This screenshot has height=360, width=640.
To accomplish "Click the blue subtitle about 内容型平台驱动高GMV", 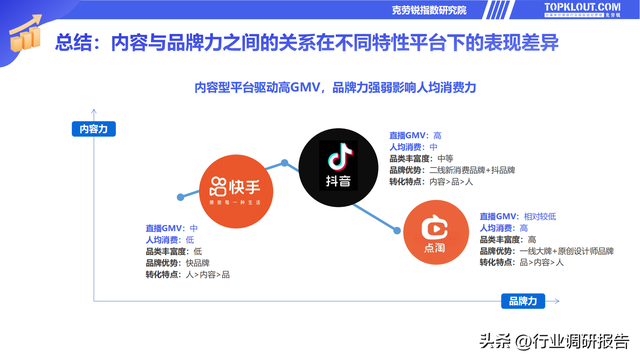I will (335, 87).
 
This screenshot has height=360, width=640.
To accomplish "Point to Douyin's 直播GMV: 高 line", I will (415, 135).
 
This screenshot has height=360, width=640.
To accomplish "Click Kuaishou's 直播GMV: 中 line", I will (172, 228).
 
